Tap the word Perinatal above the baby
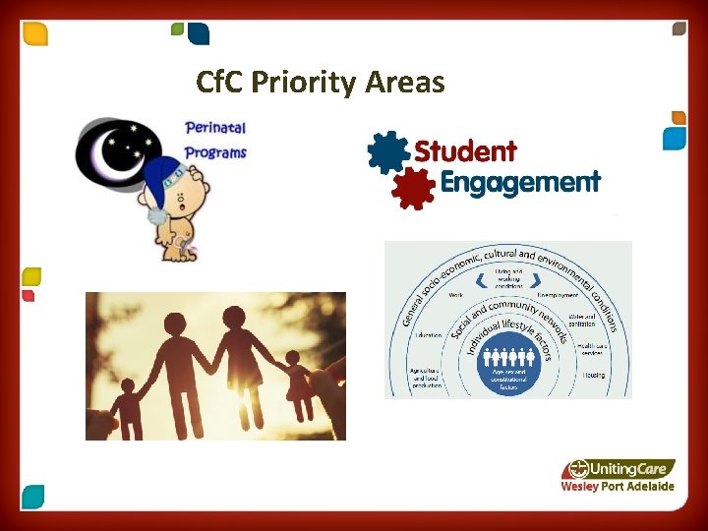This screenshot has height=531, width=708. (214, 128)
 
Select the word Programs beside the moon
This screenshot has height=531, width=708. (215, 153)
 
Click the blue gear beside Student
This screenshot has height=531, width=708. (386, 152)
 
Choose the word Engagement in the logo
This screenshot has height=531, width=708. (519, 183)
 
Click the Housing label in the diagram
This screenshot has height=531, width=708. (593, 375)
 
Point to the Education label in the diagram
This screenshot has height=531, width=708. (428, 335)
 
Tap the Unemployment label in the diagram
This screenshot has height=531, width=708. (559, 295)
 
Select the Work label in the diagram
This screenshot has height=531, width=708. (455, 295)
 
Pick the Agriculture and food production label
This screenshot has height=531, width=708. (429, 378)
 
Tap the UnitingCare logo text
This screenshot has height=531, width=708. (629, 469)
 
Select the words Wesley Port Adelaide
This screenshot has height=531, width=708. (617, 487)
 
